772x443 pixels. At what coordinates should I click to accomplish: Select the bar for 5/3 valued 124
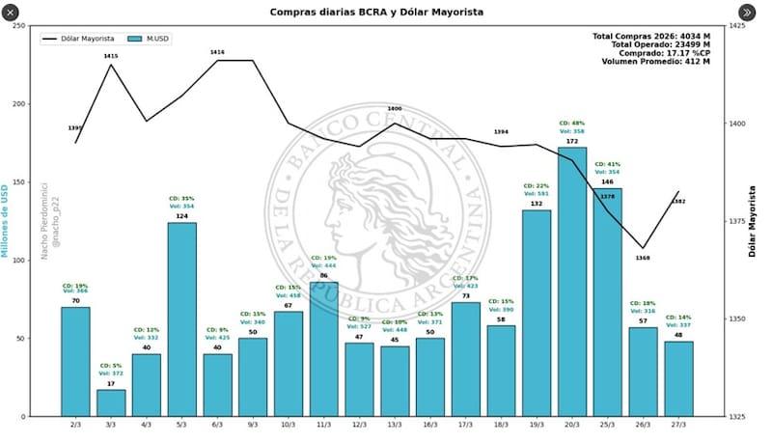[182, 318]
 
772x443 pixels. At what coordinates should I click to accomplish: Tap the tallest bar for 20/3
[572, 281]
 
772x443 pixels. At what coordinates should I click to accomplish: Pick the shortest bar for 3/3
[111, 402]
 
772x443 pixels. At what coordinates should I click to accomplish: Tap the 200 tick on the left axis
[19, 104]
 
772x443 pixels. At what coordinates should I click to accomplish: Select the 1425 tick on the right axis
[736, 26]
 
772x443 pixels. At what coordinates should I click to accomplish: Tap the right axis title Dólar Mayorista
[753, 221]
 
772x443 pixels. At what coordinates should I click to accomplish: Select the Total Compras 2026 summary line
[650, 36]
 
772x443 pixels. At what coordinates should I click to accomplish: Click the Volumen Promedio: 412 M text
[655, 62]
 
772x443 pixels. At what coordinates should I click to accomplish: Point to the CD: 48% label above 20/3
[572, 124]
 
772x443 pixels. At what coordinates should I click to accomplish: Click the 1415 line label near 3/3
[111, 57]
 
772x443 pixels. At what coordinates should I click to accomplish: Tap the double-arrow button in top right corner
[748, 12]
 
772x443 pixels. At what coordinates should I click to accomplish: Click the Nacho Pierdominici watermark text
[42, 221]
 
